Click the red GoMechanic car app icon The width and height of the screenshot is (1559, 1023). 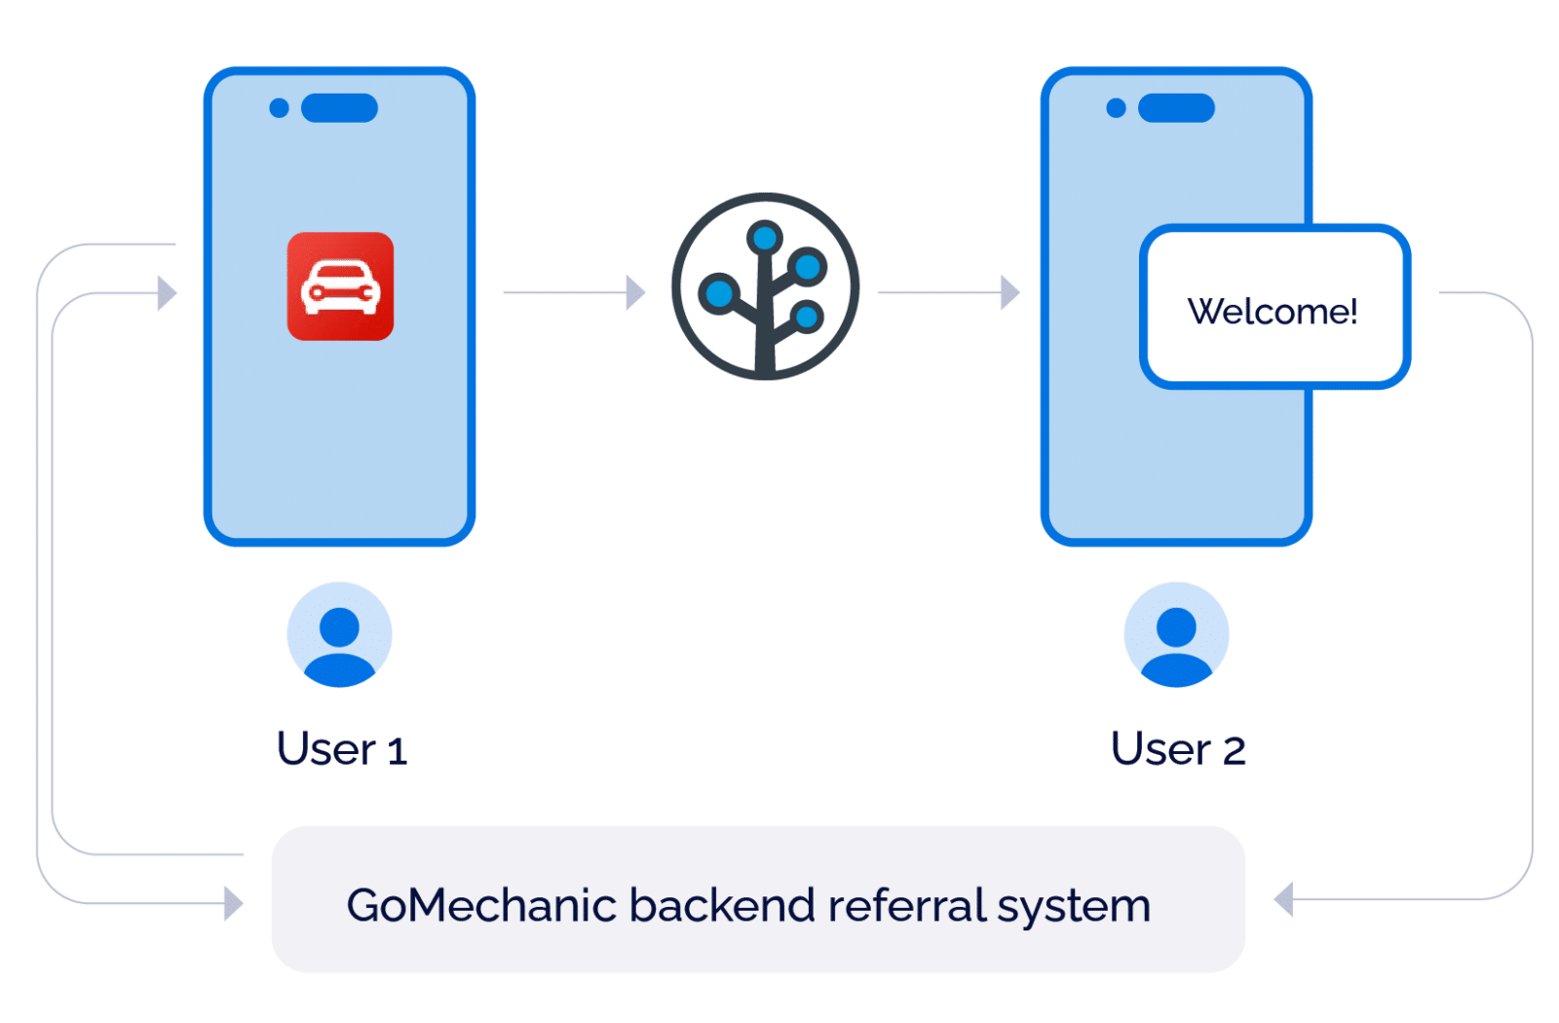[x=340, y=286]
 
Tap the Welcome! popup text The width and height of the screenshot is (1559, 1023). [x=1272, y=312]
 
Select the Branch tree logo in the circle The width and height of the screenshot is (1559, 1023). [x=765, y=287]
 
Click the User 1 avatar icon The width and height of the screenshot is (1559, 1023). [x=339, y=635]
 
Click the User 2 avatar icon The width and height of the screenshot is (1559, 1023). [x=1176, y=635]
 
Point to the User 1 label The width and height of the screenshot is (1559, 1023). [x=341, y=749]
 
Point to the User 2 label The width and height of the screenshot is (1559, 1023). [x=1177, y=749]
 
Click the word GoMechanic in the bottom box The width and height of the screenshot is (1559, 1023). [x=482, y=905]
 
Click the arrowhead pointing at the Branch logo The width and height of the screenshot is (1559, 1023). [x=635, y=292]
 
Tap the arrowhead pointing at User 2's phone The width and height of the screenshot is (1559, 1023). [x=1010, y=292]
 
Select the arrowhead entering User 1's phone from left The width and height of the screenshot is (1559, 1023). [x=168, y=292]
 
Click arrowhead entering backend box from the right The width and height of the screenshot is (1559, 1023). [x=1283, y=899]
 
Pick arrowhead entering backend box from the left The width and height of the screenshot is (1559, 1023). [x=233, y=903]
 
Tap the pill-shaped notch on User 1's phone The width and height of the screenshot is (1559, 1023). [x=339, y=108]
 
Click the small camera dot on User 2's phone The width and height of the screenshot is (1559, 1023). [x=1116, y=108]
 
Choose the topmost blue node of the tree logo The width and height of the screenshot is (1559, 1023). [x=765, y=237]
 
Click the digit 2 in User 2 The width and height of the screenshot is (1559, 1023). [x=1234, y=751]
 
